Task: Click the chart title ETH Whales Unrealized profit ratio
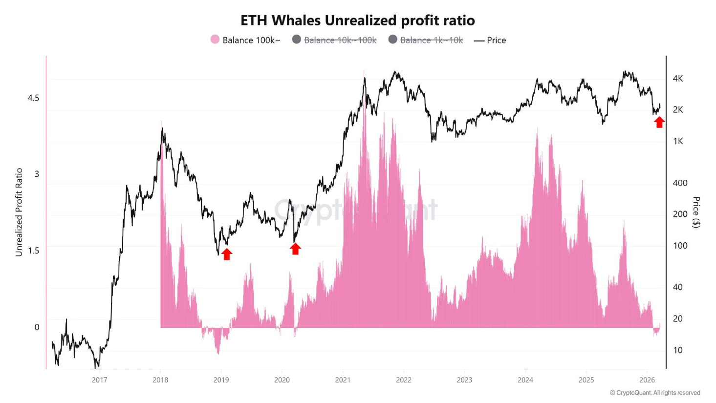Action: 357,21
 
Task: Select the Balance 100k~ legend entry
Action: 245,40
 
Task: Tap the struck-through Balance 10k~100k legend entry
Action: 334,40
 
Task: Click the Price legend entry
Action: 490,40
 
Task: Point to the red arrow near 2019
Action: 226,254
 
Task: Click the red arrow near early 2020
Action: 295,249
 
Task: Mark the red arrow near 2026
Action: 659,122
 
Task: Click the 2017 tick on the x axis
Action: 100,380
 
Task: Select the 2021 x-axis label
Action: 343,380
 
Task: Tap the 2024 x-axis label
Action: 525,380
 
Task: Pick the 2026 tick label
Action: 647,380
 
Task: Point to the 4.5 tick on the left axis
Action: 33,98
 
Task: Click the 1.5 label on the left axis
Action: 33,251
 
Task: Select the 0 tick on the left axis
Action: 37,327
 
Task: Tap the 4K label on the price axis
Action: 678,79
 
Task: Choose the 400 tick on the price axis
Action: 680,183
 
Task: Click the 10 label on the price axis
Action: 678,350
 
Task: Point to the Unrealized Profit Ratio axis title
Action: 19,212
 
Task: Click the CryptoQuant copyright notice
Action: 655,393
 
